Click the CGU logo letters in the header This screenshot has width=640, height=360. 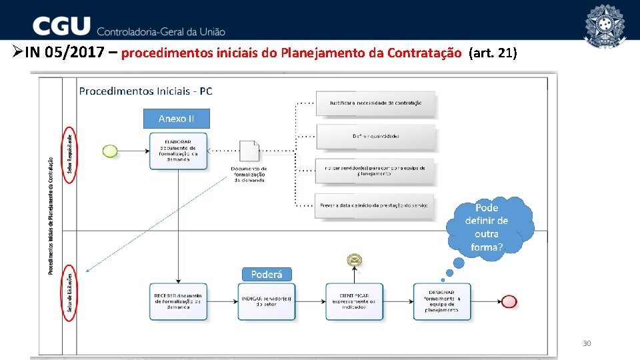point(61,27)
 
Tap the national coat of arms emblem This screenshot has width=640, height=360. point(604,25)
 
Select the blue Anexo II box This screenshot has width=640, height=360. point(176,119)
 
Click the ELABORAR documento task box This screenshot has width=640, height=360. point(178,151)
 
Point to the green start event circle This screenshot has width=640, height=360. point(110,151)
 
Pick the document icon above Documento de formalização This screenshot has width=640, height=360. point(249,151)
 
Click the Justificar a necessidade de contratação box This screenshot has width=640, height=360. point(375,103)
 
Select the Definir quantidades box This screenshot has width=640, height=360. point(375,136)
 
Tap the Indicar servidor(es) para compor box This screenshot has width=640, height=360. point(375,171)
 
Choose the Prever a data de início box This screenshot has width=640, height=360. point(375,205)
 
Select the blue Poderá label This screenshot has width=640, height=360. point(267,275)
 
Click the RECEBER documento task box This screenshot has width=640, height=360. point(178,301)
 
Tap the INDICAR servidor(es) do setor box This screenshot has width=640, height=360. point(267,301)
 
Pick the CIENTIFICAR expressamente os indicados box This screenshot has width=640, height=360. point(355,301)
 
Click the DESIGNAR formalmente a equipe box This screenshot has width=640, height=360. point(441,301)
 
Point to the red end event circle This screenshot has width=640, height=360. point(509,301)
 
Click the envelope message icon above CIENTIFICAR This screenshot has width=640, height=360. point(354,260)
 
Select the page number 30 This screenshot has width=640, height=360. point(587,344)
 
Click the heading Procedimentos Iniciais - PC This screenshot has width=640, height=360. point(145,91)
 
